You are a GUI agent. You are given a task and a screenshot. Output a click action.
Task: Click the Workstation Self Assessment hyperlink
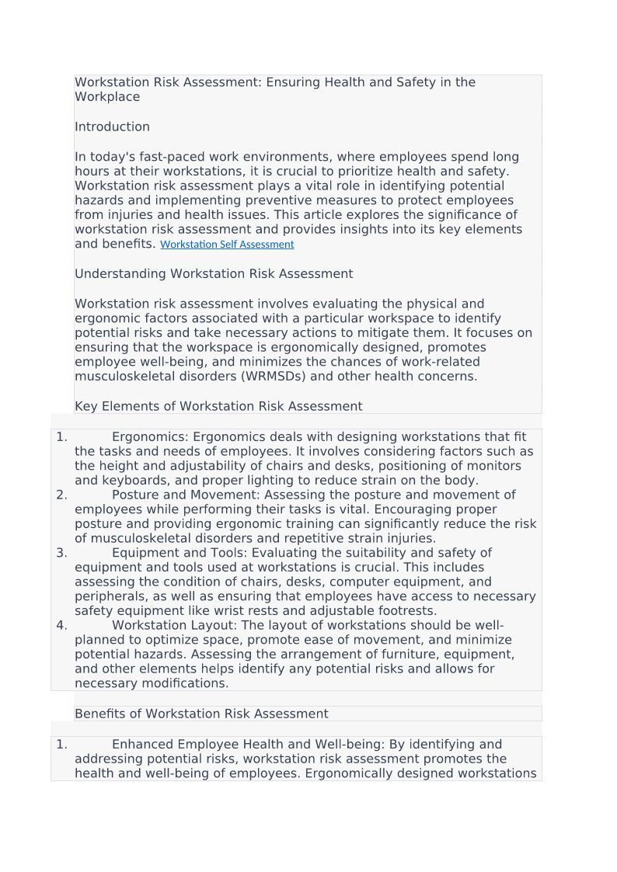pyautogui.click(x=227, y=245)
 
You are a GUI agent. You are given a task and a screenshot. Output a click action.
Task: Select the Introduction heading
pyautogui.click(x=112, y=127)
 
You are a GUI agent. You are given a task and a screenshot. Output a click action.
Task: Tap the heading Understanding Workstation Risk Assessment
pyautogui.click(x=214, y=274)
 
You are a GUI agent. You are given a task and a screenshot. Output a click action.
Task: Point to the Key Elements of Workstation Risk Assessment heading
pyautogui.click(x=218, y=407)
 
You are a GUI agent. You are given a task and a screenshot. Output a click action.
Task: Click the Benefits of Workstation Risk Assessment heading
pyautogui.click(x=201, y=714)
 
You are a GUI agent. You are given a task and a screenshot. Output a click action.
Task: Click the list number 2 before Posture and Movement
pyautogui.click(x=61, y=495)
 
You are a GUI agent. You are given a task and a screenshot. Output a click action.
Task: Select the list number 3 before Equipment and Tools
pyautogui.click(x=61, y=554)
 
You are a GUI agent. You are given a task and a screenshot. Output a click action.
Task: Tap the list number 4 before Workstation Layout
pyautogui.click(x=61, y=626)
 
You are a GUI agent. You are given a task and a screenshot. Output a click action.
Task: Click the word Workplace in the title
pyautogui.click(x=107, y=98)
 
